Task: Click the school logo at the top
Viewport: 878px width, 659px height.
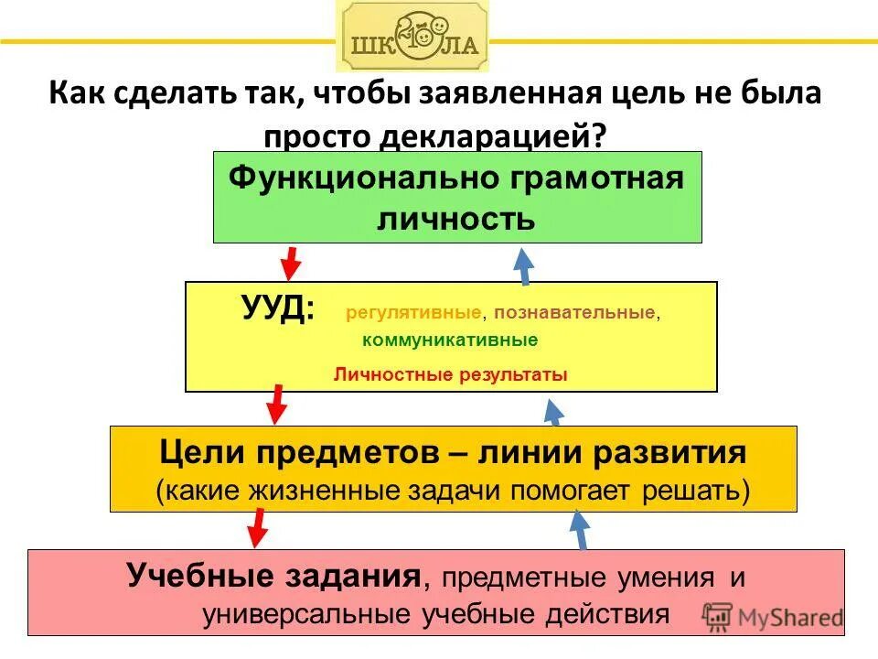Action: [412, 37]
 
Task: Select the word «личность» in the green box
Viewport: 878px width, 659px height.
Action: [455, 220]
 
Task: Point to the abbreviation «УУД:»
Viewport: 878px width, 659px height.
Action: [277, 308]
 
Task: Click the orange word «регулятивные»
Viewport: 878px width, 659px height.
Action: [413, 314]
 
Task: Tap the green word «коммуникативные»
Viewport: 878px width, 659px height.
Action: [450, 340]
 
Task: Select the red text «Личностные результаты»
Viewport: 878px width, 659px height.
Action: [451, 374]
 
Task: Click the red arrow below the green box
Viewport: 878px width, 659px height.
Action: [291, 262]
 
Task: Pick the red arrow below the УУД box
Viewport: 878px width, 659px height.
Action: [275, 404]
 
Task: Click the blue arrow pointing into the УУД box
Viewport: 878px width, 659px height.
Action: [553, 412]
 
